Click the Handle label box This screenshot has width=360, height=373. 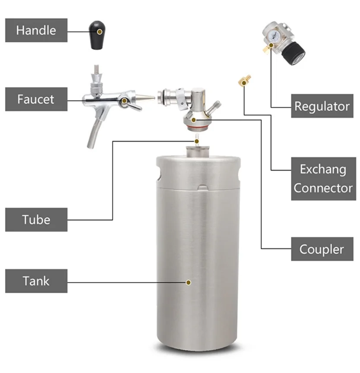36,30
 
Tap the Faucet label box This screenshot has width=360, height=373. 36,99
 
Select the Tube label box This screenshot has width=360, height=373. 36,219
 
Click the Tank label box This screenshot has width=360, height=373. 36,281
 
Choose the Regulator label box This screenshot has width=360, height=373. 322,106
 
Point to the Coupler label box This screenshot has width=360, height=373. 322,249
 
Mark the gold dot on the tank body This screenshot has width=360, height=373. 188,282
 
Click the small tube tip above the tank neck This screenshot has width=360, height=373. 197,140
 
